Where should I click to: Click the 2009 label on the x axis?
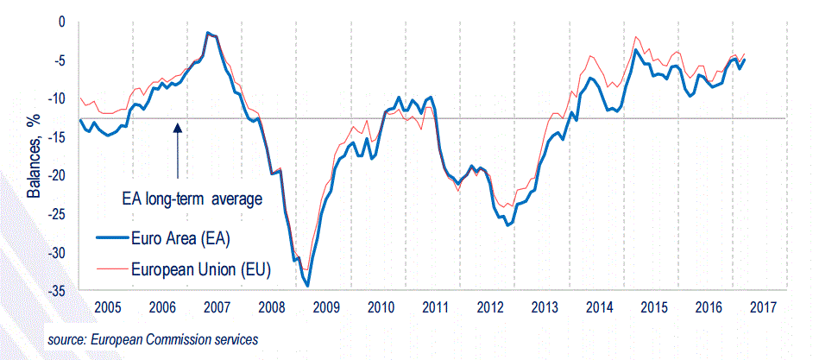click(x=325, y=307)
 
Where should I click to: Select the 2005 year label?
click(x=107, y=307)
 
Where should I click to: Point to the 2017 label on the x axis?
click(x=763, y=307)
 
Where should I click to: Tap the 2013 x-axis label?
click(x=545, y=307)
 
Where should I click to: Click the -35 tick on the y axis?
click(x=57, y=291)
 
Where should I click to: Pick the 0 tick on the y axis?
click(x=62, y=21)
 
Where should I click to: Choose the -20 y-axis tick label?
click(x=57, y=175)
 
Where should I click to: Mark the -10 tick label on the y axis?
click(x=57, y=98)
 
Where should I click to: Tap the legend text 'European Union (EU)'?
click(x=201, y=269)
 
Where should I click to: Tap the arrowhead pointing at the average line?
click(x=177, y=127)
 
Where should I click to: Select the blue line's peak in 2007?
click(x=209, y=33)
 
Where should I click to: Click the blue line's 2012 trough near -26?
click(x=508, y=224)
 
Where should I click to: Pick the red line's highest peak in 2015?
click(x=636, y=37)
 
